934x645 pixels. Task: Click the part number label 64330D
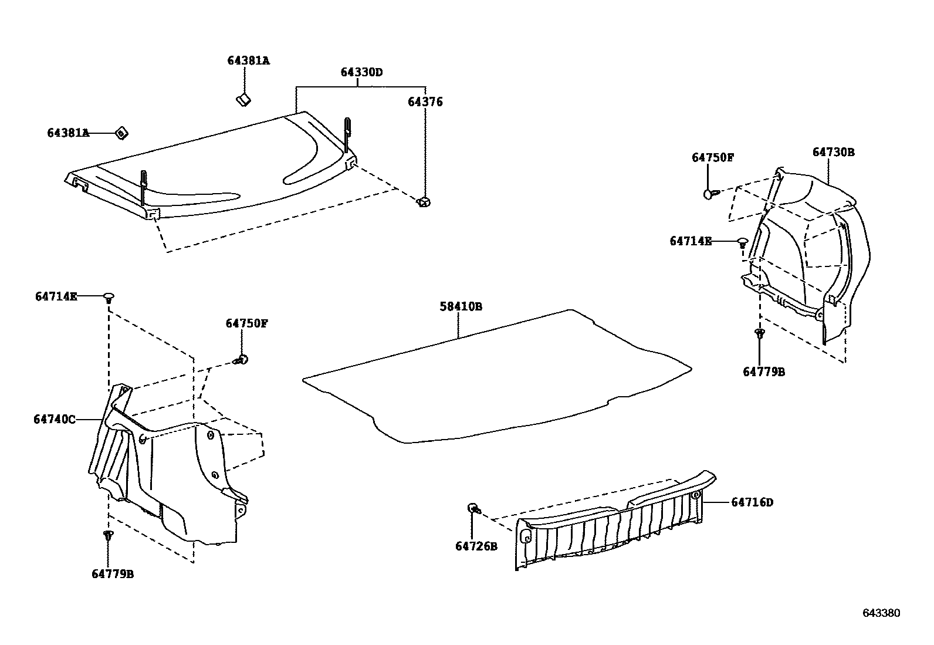(361, 72)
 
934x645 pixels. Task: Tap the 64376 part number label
(425, 102)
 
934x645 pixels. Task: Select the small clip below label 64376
(423, 202)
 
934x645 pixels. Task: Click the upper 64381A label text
(248, 60)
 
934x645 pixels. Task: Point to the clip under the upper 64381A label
(243, 99)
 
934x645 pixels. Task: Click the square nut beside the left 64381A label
(122, 133)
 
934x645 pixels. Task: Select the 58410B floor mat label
(461, 306)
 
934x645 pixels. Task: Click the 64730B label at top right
(833, 152)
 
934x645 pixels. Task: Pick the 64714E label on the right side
(691, 241)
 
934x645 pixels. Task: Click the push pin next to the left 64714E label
(109, 297)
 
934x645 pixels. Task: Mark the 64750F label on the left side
(246, 323)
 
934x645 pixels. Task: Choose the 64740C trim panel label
(55, 419)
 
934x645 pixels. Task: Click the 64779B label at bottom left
(113, 574)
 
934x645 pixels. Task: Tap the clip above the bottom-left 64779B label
(108, 535)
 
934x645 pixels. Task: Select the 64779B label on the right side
(764, 372)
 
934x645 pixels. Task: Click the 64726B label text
(476, 546)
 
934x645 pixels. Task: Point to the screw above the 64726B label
(473, 508)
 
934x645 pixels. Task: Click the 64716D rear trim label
(752, 502)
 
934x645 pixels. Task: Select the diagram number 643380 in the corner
(881, 613)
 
